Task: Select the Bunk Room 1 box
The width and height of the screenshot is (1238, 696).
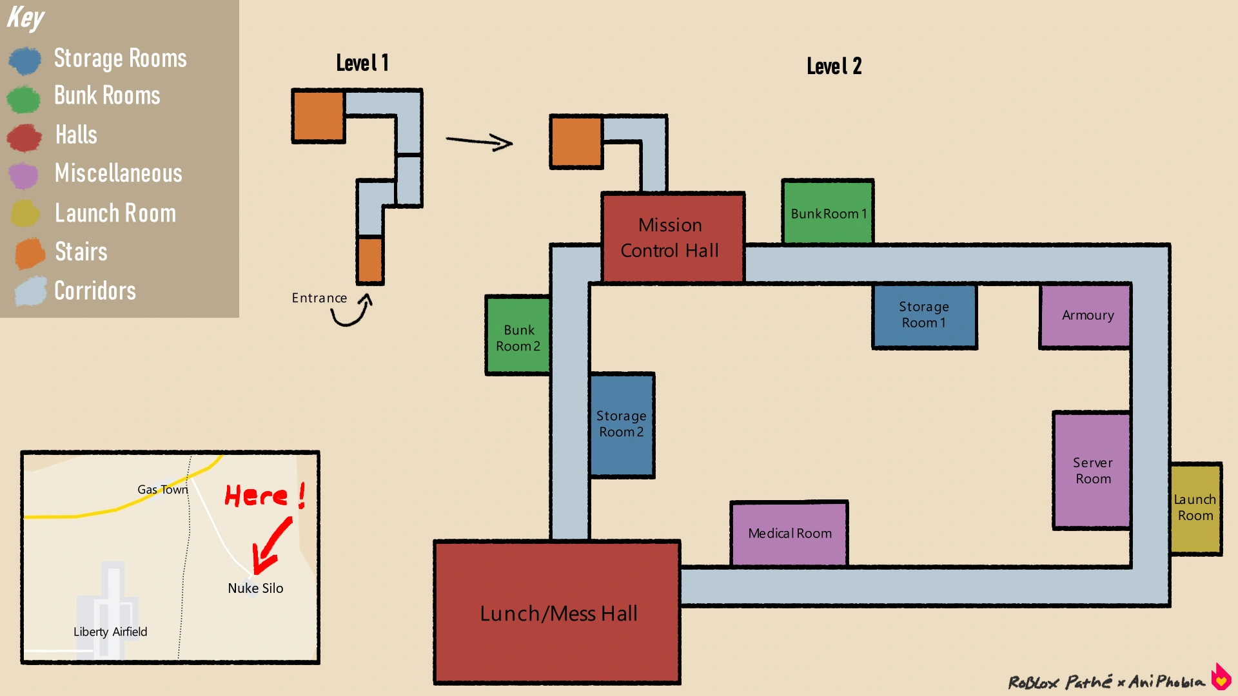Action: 828,212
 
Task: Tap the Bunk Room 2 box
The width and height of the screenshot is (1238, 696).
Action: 518,336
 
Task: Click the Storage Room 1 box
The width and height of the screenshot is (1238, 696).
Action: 924,316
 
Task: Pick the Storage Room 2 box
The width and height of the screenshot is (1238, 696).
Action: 622,425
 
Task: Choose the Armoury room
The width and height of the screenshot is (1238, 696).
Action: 1086,315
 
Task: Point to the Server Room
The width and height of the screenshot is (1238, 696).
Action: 1092,470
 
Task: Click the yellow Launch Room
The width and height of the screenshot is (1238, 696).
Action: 1195,508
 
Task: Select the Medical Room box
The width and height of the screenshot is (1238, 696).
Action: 789,534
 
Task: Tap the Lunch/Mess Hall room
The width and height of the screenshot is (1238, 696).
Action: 558,613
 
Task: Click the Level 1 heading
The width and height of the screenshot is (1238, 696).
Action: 362,63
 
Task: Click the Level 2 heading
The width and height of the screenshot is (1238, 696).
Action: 834,66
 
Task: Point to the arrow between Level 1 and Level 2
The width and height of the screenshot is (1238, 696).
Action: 479,141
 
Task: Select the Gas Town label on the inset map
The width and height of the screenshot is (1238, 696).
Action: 162,490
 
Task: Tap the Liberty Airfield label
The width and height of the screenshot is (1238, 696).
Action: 110,632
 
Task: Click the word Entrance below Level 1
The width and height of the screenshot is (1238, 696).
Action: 319,298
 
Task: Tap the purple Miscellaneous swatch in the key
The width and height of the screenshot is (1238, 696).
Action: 24,175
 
